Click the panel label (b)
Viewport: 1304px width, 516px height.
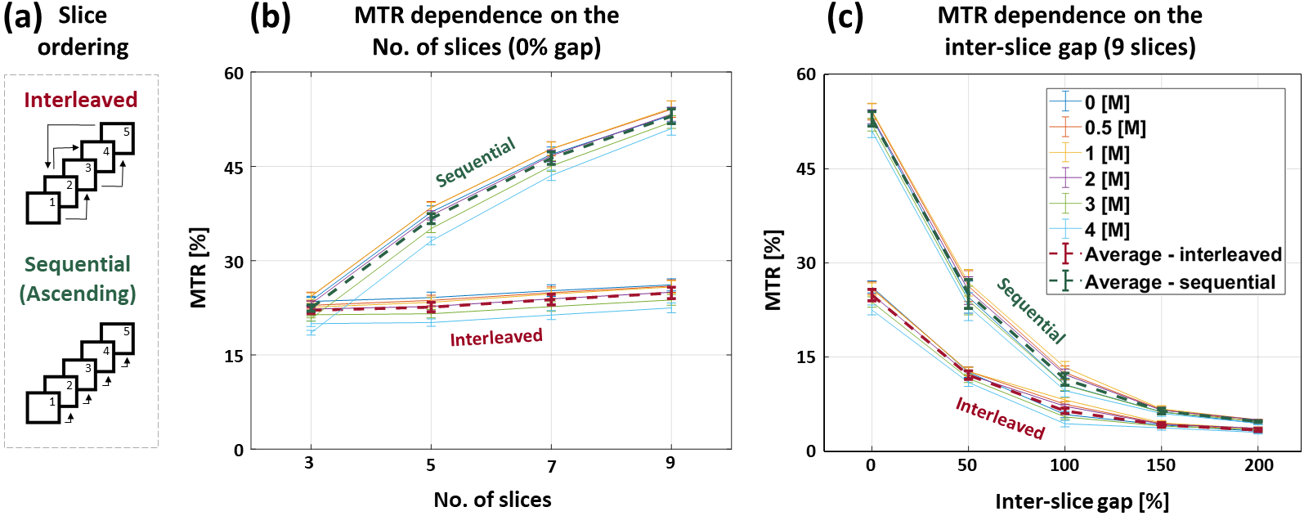tap(271, 16)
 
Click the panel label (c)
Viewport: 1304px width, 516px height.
tap(845, 16)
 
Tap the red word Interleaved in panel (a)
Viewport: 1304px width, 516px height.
tap(80, 100)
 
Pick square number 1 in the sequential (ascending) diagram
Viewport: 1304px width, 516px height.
tap(43, 408)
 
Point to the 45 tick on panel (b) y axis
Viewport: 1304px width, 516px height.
tap(234, 168)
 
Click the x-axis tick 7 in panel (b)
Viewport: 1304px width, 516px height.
tap(552, 466)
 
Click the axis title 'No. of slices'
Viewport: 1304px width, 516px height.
tap(492, 500)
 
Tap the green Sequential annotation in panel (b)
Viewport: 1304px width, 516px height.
tap(475, 162)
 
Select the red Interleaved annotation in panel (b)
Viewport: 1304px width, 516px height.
tap(496, 338)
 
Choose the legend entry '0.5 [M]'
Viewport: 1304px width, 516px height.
tap(1115, 128)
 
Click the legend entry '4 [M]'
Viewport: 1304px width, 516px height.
tap(1107, 230)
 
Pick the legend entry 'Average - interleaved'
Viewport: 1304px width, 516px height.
tap(1183, 255)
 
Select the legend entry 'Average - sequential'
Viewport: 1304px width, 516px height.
tap(1180, 282)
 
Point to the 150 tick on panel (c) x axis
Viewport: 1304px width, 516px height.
tap(1161, 465)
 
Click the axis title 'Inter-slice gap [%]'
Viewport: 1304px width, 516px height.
tap(1082, 501)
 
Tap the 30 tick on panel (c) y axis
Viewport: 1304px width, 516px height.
tap(806, 263)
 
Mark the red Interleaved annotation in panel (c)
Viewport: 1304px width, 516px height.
tap(1000, 418)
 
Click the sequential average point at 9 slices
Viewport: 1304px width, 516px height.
tap(672, 117)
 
